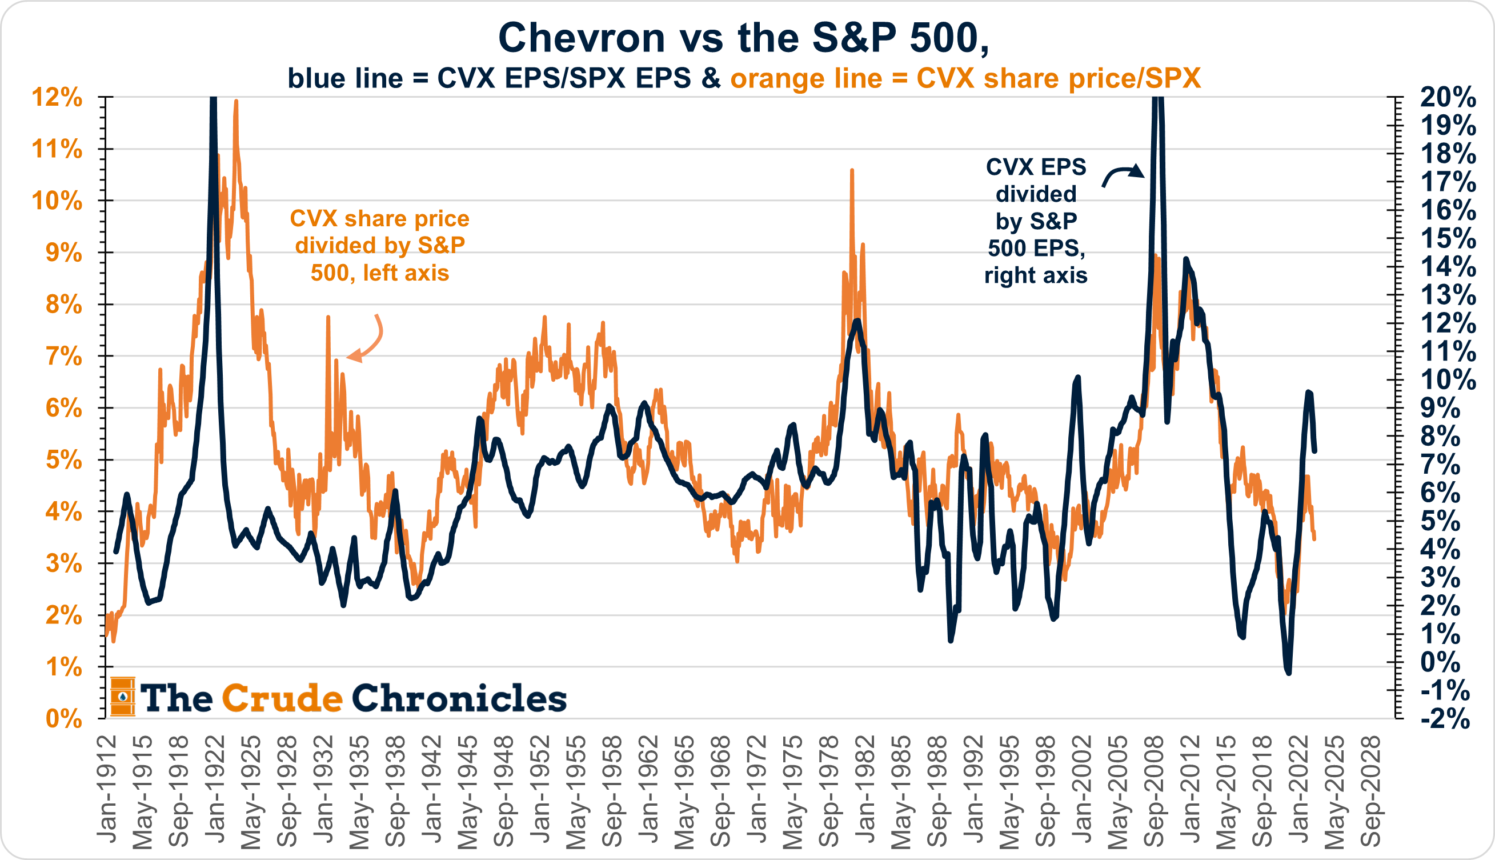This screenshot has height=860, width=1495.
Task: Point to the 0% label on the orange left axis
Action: (x=64, y=718)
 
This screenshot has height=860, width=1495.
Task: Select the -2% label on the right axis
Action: (x=1444, y=718)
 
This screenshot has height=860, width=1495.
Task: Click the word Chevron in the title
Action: (x=582, y=38)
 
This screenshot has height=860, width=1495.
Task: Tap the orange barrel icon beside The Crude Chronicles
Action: (x=123, y=697)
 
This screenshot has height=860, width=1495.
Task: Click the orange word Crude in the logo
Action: (x=282, y=698)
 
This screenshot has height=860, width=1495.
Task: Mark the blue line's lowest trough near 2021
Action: (x=1288, y=672)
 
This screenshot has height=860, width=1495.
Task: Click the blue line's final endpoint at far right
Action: (x=1314, y=451)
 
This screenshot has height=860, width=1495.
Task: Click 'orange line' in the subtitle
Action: (x=805, y=78)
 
